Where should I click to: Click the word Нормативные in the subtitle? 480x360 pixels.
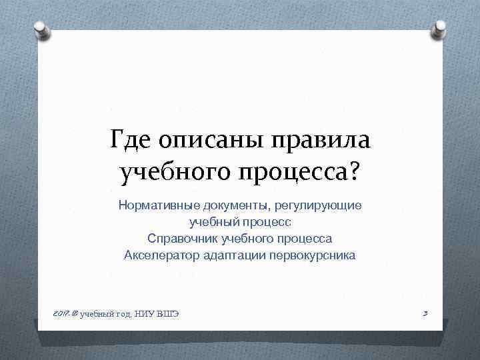pyautogui.click(x=157, y=205)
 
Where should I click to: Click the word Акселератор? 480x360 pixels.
pyautogui.click(x=157, y=255)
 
